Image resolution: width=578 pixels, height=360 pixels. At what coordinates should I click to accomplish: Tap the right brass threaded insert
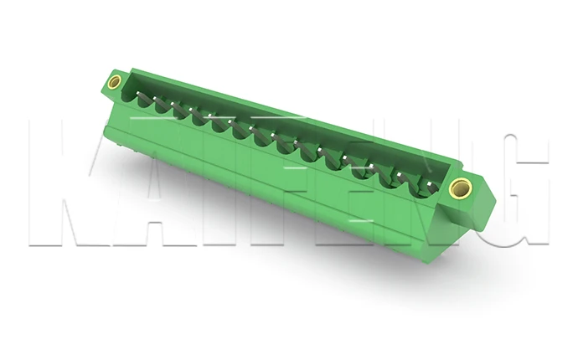coord(458,187)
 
